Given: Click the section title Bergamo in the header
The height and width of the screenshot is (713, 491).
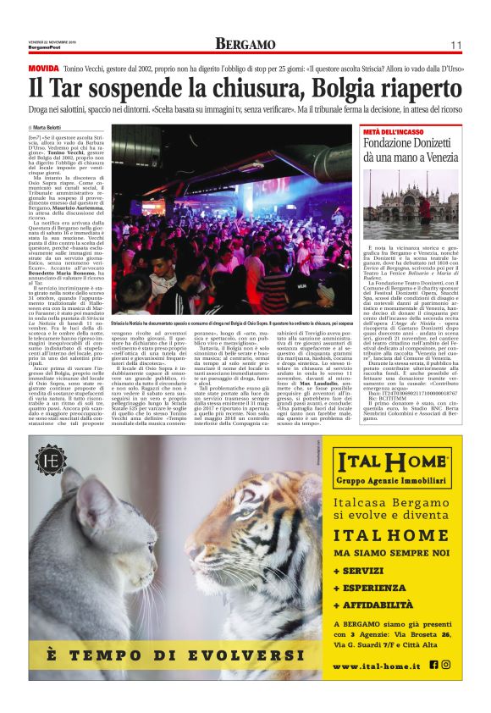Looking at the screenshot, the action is point(245,44).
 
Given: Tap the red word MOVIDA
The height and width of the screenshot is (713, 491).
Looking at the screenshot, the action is point(43,67).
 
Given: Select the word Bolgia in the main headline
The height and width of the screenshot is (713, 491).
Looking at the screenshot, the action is point(343,89).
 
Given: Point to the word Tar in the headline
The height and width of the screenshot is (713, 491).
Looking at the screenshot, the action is point(63,89).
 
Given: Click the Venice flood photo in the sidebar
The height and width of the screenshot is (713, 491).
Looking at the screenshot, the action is point(410,204).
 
